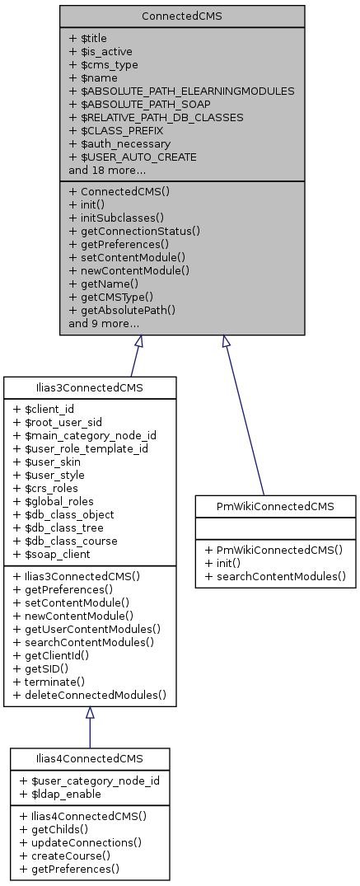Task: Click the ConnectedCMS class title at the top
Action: pyautogui.click(x=182, y=16)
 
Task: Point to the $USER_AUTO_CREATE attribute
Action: pyautogui.click(x=133, y=157)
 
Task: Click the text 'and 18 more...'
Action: pyautogui.click(x=107, y=170)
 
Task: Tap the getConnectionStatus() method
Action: pyautogui.click(x=134, y=231)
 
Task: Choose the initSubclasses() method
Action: pyautogui.click(x=116, y=217)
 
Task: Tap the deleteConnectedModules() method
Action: pyautogui.click(x=90, y=695)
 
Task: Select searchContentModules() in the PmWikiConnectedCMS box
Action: pyautogui.click(x=275, y=575)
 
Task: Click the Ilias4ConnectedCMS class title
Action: pyautogui.click(x=90, y=758)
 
